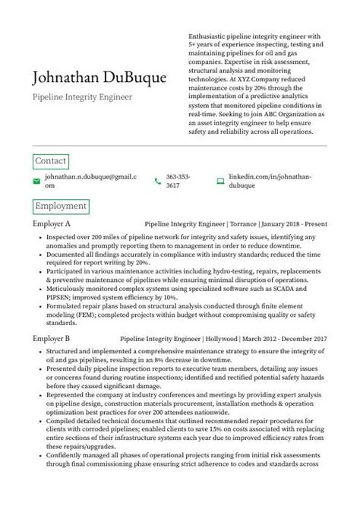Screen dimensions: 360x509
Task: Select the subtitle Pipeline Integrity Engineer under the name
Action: pyautogui.click(x=72, y=98)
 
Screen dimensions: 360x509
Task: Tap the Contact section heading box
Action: pyautogui.click(x=51, y=161)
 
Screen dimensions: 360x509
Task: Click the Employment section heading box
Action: pyautogui.click(x=61, y=206)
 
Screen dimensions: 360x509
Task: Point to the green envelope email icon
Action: pyautogui.click(x=36, y=181)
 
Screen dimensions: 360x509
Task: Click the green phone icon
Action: pyautogui.click(x=157, y=181)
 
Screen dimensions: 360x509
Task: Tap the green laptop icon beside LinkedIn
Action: pyautogui.click(x=220, y=181)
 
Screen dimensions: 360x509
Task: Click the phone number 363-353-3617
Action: pyautogui.click(x=178, y=181)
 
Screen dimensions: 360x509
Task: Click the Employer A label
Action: pyautogui.click(x=52, y=225)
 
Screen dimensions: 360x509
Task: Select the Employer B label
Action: pyautogui.click(x=52, y=337)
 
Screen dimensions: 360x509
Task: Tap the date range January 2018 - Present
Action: pyautogui.click(x=295, y=225)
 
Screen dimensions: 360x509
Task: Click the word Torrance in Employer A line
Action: pyautogui.click(x=242, y=225)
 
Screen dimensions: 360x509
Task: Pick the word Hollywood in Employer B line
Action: pyautogui.click(x=220, y=337)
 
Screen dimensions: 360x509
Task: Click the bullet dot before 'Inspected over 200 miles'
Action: pyautogui.click(x=39, y=238)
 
